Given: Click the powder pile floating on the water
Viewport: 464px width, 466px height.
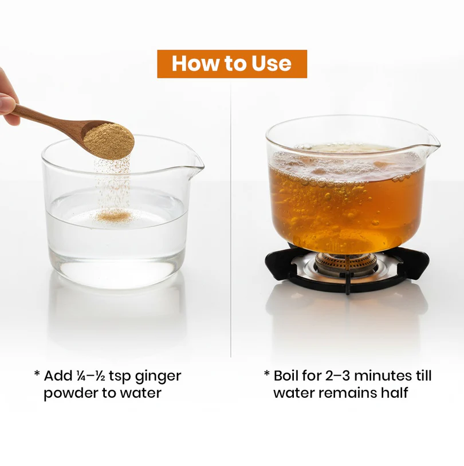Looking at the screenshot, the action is click(x=115, y=215).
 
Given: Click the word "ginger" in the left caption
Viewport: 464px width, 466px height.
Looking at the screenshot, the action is click(x=158, y=377).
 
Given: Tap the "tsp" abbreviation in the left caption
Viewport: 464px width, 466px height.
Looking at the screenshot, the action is click(x=120, y=377).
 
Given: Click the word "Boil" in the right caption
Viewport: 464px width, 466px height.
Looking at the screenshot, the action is click(x=285, y=376).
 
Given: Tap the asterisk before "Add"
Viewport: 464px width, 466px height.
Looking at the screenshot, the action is click(x=37, y=373).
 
